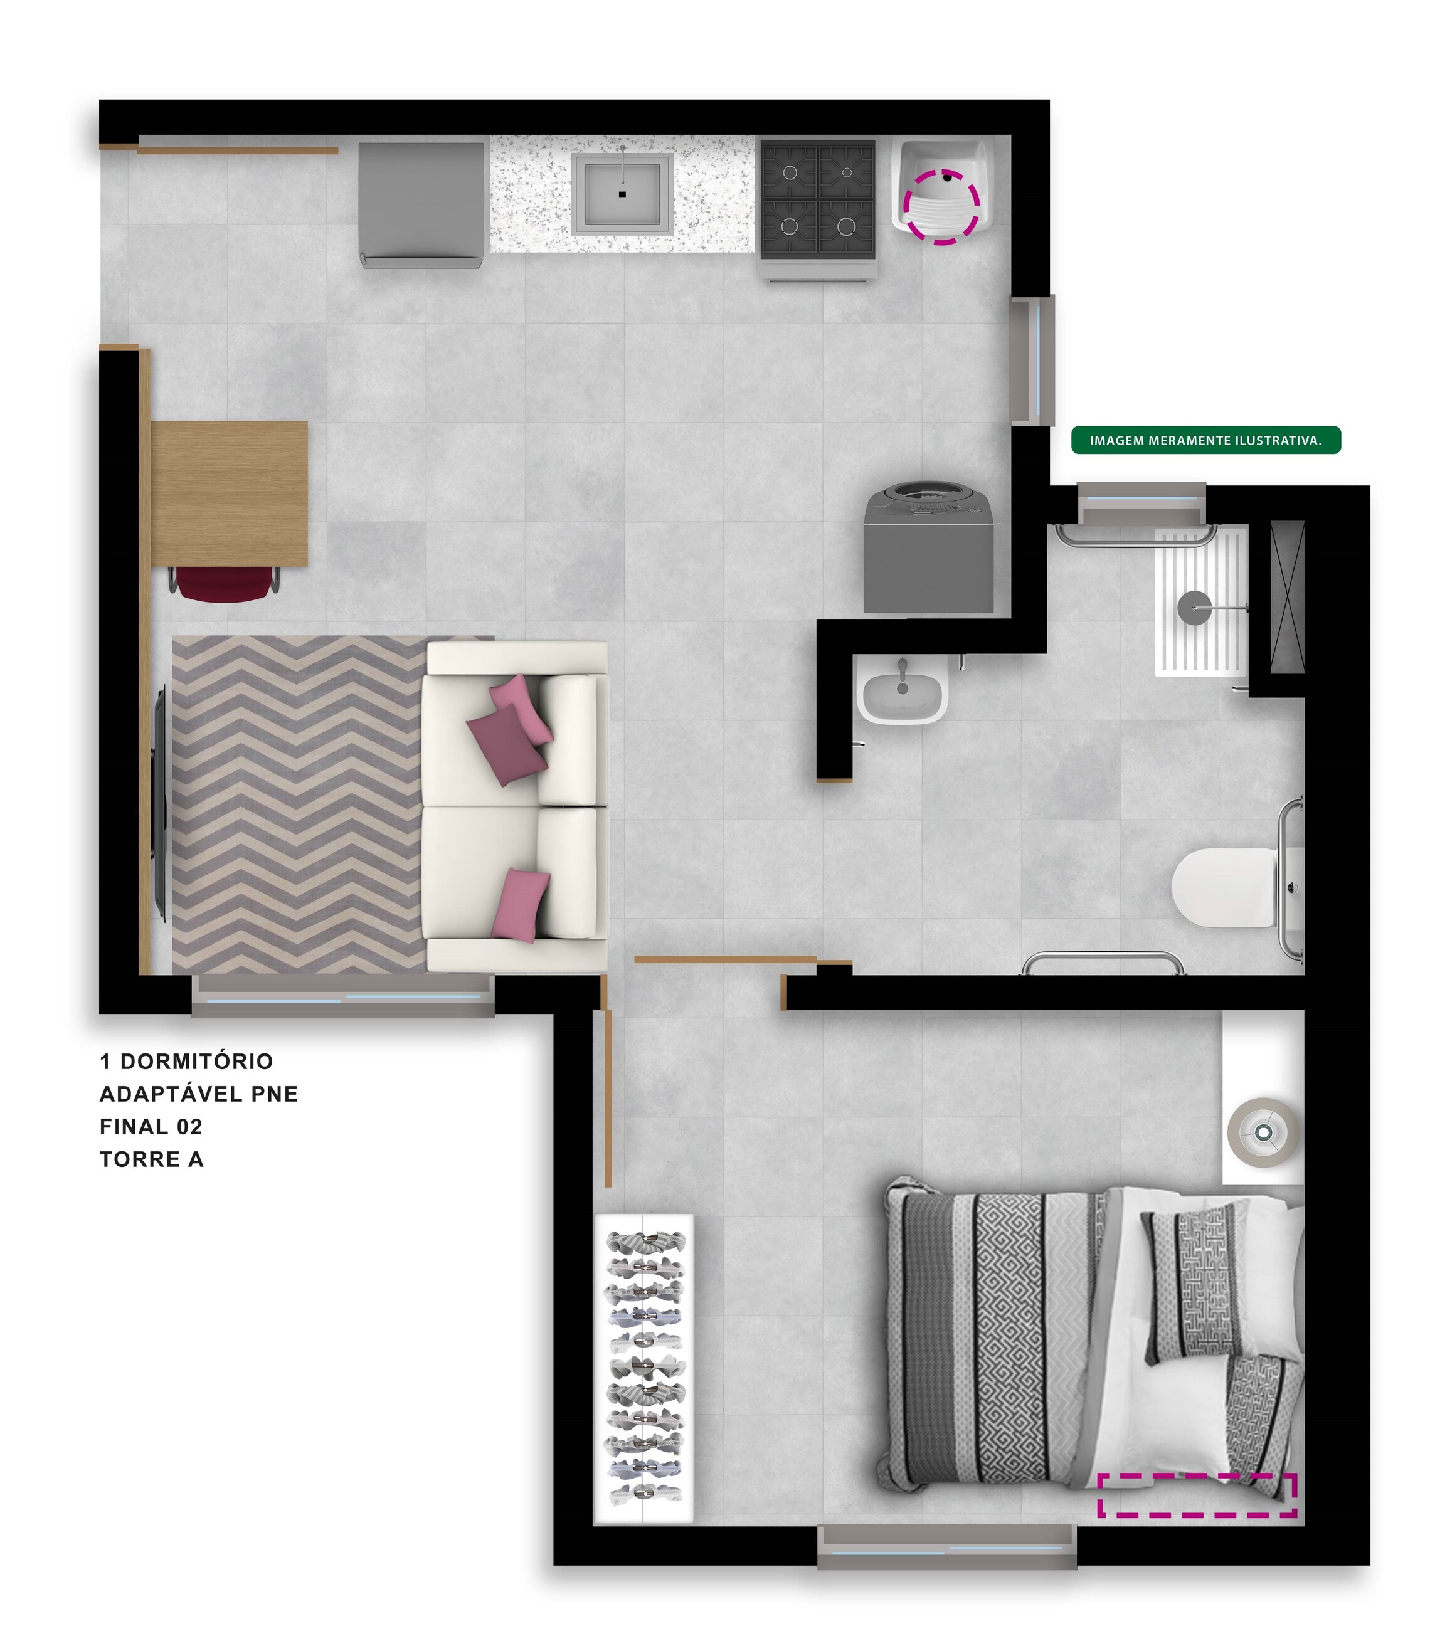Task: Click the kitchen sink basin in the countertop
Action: pyautogui.click(x=622, y=193)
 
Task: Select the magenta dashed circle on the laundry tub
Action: pyautogui.click(x=941, y=206)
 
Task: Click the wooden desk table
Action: pyautogui.click(x=229, y=493)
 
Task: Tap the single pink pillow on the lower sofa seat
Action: pyautogui.click(x=519, y=905)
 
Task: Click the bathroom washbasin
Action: pyautogui.click(x=902, y=689)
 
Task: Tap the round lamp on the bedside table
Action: pyautogui.click(x=1263, y=1132)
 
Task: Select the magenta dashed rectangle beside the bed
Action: pyautogui.click(x=1197, y=1494)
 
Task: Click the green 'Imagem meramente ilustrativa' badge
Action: pyautogui.click(x=1205, y=440)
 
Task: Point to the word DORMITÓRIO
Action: pyautogui.click(x=196, y=1061)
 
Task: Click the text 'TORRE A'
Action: pyautogui.click(x=152, y=1159)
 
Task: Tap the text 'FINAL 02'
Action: pyautogui.click(x=151, y=1127)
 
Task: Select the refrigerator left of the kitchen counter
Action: pyautogui.click(x=421, y=205)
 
